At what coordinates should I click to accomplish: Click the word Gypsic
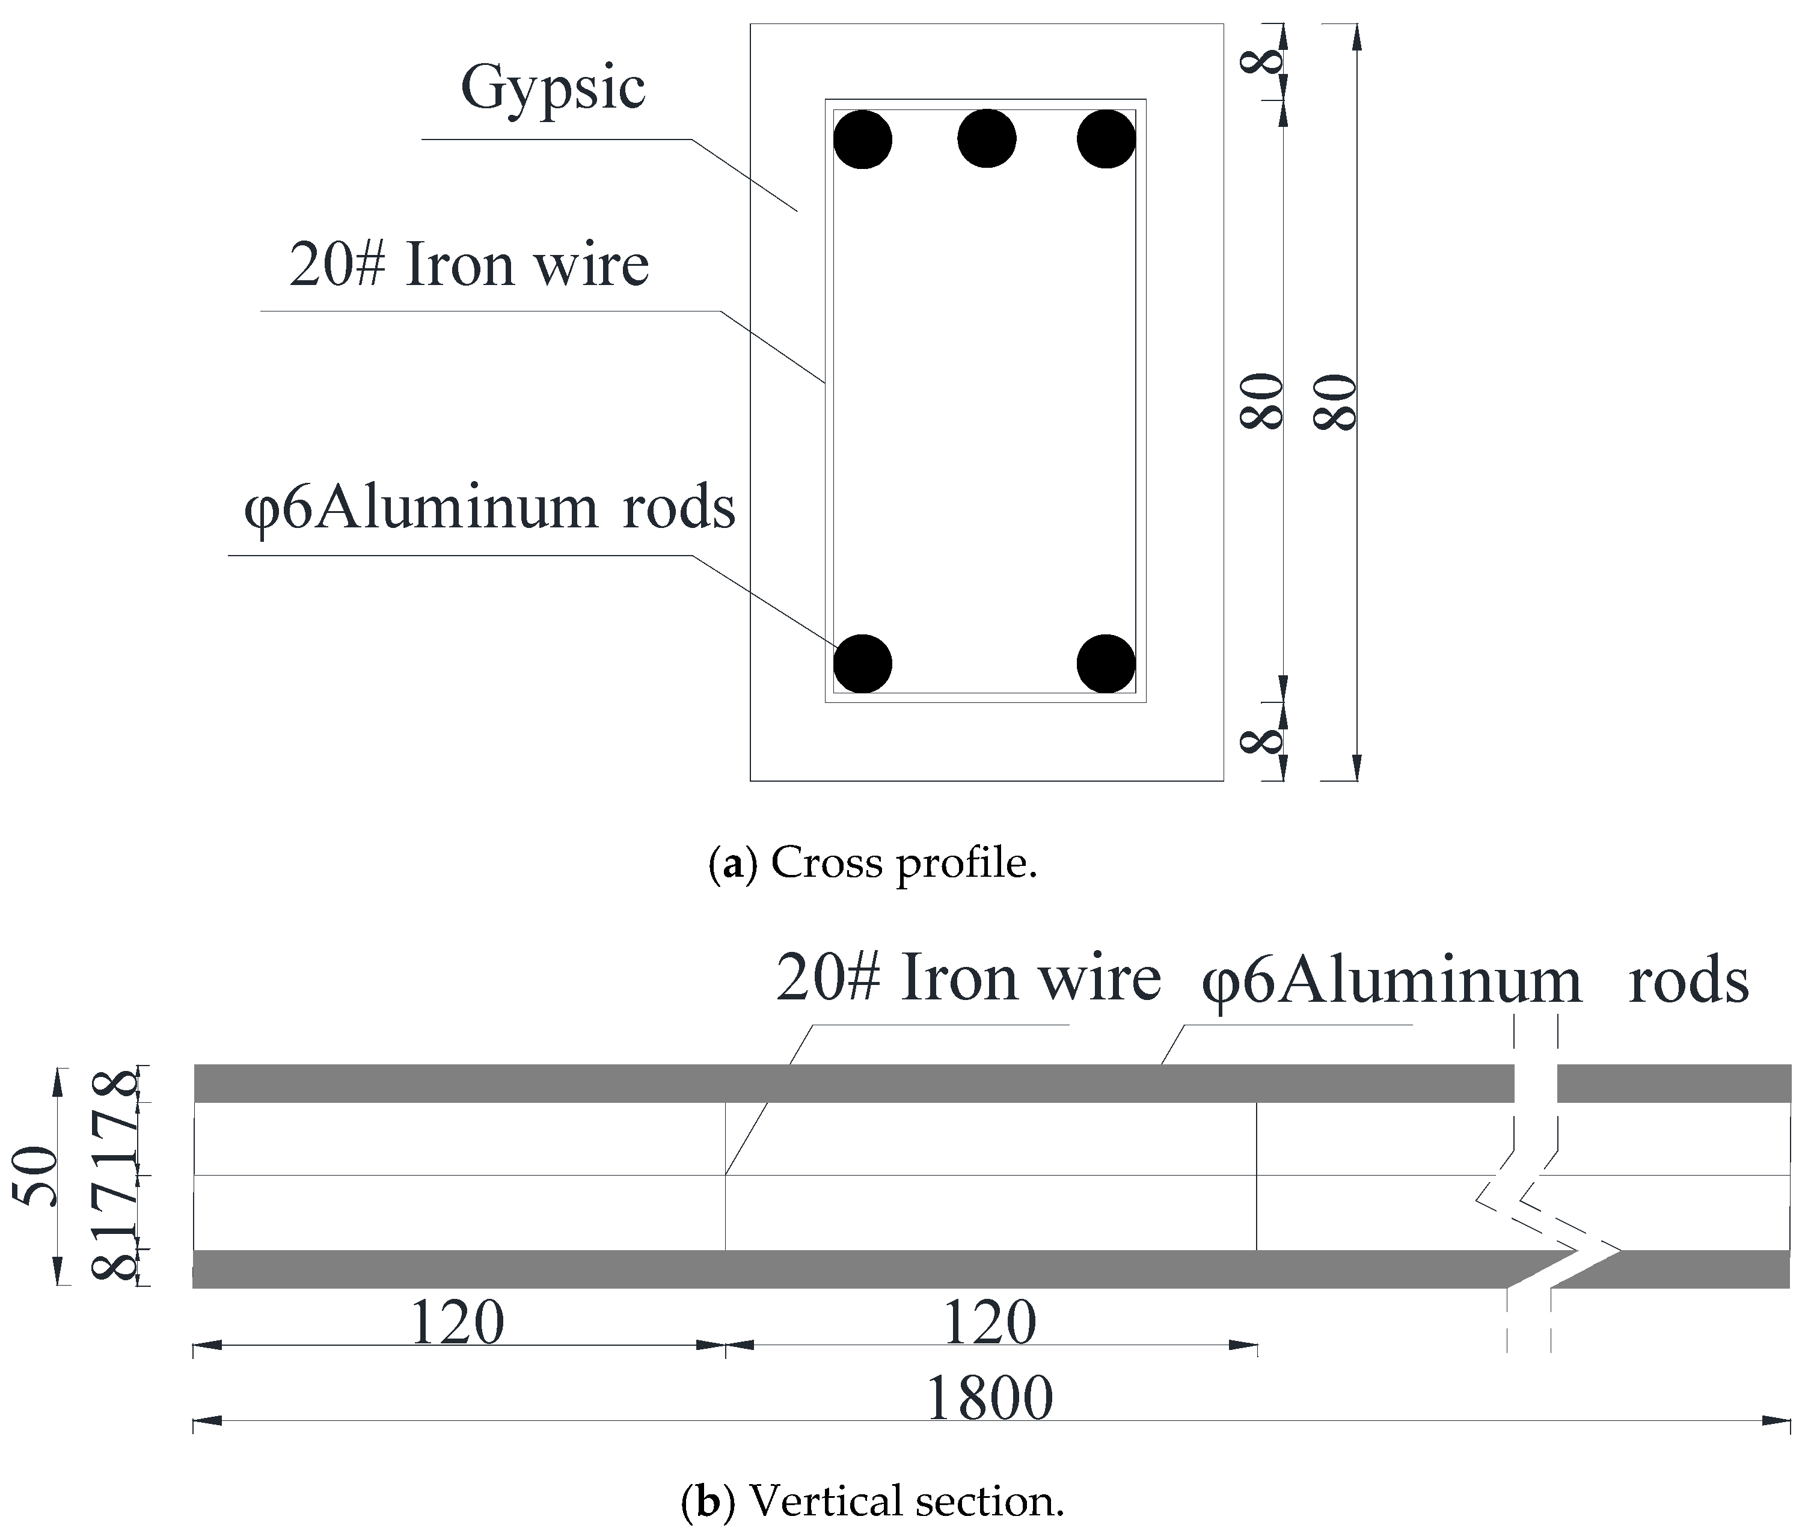[553, 88]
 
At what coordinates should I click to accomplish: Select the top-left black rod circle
[862, 139]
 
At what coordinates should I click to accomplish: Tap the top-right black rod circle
[1106, 139]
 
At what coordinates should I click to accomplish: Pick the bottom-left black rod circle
[862, 663]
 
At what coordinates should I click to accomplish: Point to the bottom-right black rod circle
[1106, 663]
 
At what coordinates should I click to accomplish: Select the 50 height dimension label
[39, 1176]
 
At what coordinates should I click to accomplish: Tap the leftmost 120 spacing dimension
[456, 1324]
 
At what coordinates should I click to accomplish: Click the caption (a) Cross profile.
[873, 862]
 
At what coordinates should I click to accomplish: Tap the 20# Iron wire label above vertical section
[968, 978]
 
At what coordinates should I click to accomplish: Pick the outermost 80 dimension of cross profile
[1335, 402]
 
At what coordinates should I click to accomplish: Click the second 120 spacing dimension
[990, 1324]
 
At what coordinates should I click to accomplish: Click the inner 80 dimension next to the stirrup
[1262, 402]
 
